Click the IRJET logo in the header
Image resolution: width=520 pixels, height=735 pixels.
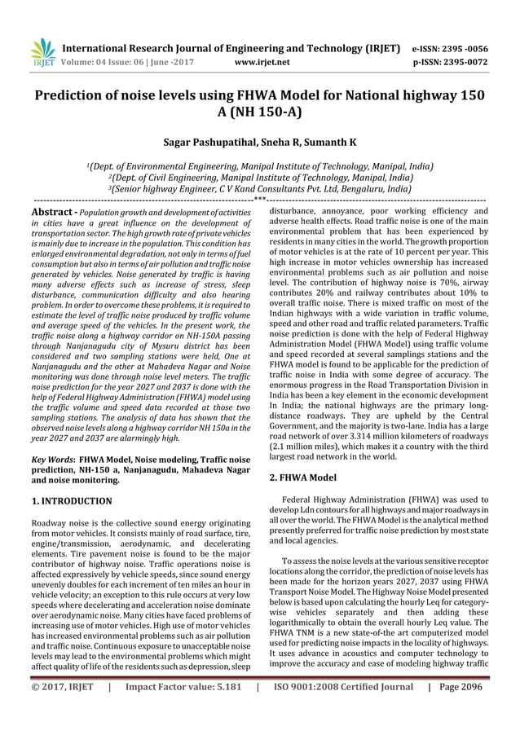[41, 51]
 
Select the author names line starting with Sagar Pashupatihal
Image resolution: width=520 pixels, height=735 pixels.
[259, 143]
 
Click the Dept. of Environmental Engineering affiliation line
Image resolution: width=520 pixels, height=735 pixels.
[259, 166]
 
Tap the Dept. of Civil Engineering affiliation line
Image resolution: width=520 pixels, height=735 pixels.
[259, 177]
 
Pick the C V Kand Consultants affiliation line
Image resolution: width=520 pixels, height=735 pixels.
[259, 187]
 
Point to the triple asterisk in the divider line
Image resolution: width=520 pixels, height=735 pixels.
[259, 199]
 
